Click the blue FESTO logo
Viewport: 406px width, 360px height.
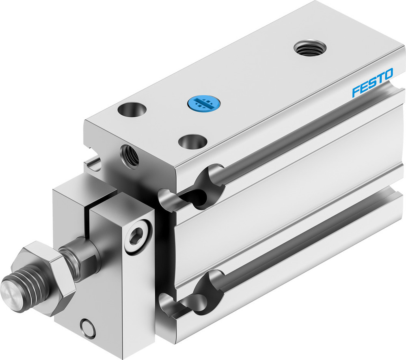coord(372,83)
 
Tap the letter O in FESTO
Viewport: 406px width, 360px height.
coord(388,75)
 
